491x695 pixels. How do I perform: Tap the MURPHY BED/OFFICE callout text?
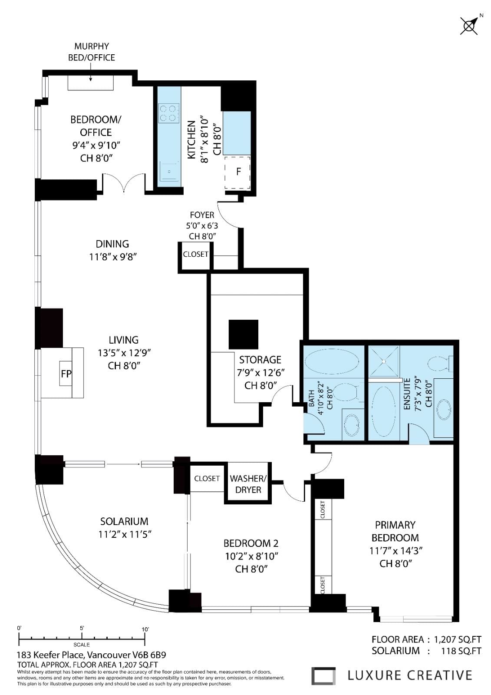pos(92,52)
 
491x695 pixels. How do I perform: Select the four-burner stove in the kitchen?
pos(169,113)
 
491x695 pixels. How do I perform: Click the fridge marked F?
pos(237,172)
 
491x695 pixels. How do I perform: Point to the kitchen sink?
pos(169,171)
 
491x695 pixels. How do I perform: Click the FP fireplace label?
pos(66,374)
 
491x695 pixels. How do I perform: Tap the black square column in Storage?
pos(244,334)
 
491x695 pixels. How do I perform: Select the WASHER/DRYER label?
pos(248,484)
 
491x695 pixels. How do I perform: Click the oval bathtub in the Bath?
pos(332,361)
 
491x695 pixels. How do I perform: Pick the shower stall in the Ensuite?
pos(384,361)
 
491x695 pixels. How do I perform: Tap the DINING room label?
pos(112,244)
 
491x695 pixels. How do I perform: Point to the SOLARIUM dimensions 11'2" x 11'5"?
pos(125,535)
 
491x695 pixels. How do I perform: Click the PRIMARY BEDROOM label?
pos(395,531)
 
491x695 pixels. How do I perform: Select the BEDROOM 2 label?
pos(251,543)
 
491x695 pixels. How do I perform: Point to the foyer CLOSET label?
pos(195,254)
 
